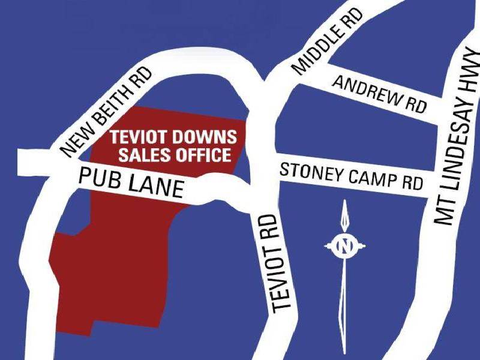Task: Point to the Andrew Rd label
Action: click(x=379, y=94)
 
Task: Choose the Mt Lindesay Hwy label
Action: click(x=460, y=138)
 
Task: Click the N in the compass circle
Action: click(x=344, y=245)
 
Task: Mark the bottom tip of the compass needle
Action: click(x=344, y=352)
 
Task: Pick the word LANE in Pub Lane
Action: click(x=158, y=185)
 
